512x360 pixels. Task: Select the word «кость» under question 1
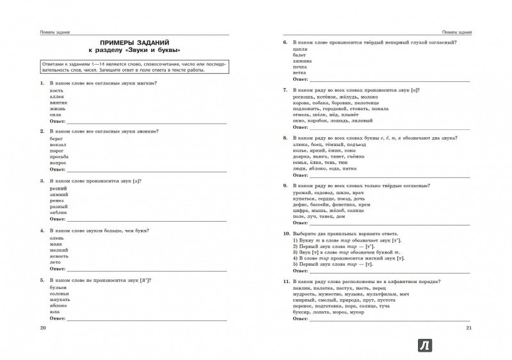56,91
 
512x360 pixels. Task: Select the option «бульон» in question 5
58,289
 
